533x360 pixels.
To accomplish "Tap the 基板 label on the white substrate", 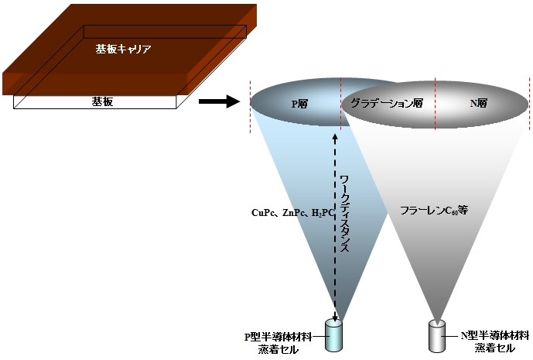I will [98, 101].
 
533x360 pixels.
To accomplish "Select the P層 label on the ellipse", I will [299, 102].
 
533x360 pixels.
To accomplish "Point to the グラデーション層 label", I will [387, 102].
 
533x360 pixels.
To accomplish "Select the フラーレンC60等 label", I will [434, 209].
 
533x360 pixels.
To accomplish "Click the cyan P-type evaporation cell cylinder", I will [334, 336].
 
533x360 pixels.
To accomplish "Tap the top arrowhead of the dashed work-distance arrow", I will [334, 137].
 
